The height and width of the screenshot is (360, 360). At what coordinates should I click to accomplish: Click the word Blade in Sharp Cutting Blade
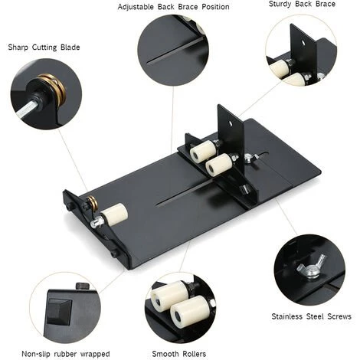(x=70, y=47)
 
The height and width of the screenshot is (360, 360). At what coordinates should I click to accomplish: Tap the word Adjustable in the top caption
(x=136, y=7)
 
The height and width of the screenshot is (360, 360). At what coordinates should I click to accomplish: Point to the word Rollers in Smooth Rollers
(x=193, y=354)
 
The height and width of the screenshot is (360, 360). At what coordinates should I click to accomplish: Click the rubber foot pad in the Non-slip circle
(x=59, y=311)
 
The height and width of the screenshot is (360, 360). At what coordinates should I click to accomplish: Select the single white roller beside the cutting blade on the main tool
(x=114, y=214)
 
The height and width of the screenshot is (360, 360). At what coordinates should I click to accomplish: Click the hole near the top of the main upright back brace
(x=231, y=123)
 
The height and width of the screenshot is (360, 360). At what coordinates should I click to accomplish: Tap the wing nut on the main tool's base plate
(x=250, y=158)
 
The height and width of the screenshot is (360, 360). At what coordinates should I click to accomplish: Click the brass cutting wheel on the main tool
(x=92, y=204)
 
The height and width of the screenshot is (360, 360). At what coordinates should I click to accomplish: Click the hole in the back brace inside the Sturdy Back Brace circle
(x=303, y=42)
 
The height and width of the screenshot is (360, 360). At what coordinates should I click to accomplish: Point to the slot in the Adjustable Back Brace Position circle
(x=175, y=51)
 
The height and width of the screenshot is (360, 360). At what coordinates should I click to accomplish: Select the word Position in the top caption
(x=215, y=7)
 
